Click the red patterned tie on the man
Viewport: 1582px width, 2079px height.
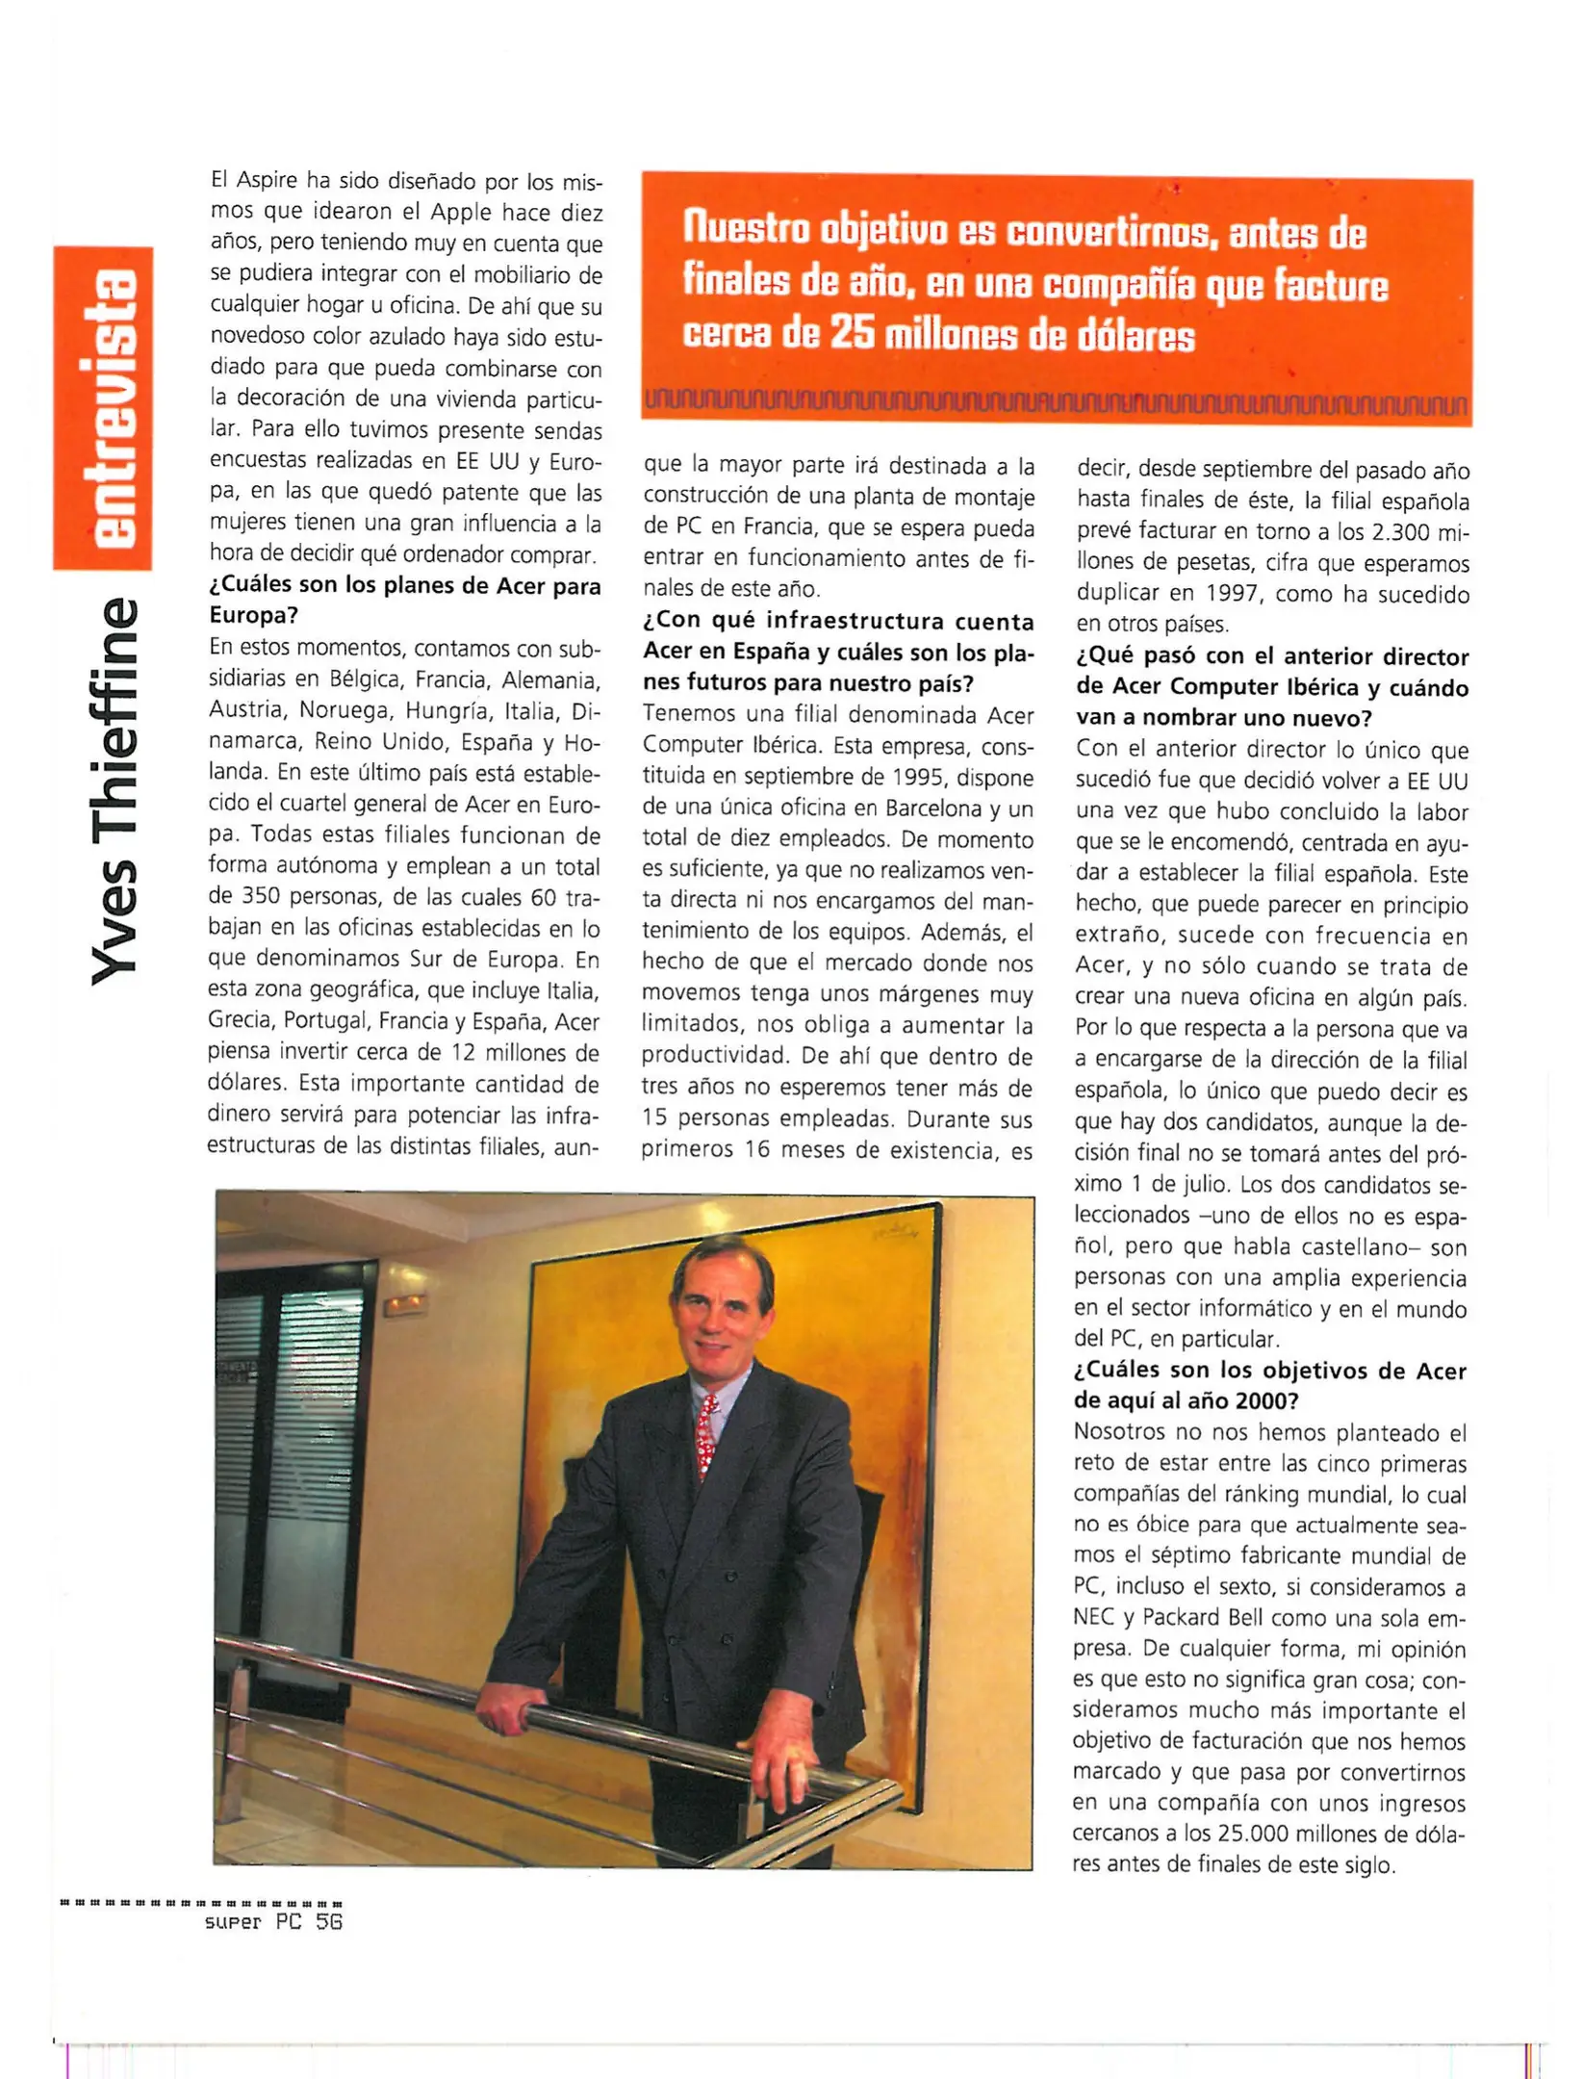click(x=706, y=1433)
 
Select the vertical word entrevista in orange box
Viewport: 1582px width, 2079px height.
click(x=105, y=408)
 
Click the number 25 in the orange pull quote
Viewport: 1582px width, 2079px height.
click(x=850, y=334)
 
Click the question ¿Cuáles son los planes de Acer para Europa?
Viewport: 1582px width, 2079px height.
click(x=404, y=600)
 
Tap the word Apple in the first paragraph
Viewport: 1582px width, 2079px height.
click(x=461, y=212)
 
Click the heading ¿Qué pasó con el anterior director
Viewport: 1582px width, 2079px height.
click(x=1271, y=656)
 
